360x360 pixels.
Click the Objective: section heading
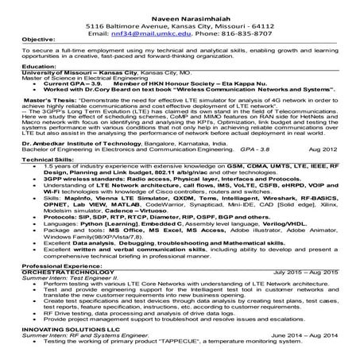24,45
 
